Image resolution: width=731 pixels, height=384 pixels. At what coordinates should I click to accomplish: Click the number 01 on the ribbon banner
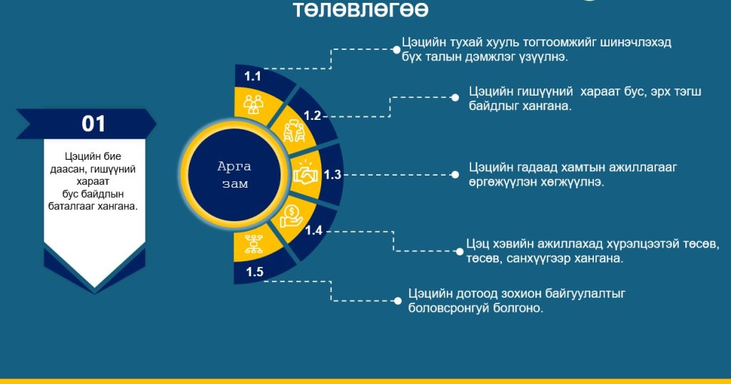94,124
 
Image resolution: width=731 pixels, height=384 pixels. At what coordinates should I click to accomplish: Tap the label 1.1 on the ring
253,76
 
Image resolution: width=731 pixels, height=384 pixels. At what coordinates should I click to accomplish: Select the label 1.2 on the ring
313,116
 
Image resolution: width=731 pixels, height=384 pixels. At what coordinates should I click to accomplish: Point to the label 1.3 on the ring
333,175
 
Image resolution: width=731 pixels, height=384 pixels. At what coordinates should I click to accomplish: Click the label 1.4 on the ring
314,231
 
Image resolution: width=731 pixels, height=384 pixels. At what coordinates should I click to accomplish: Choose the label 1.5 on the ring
255,272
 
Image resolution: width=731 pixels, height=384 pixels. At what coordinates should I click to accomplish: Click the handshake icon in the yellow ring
306,173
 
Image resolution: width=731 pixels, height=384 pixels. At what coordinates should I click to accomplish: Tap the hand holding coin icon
291,217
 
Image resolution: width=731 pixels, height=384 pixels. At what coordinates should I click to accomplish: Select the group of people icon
253,104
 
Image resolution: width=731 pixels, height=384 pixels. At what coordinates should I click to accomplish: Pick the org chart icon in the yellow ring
253,244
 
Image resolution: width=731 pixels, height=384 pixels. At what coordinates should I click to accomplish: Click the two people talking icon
294,131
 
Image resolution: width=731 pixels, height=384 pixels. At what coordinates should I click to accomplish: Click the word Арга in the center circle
234,167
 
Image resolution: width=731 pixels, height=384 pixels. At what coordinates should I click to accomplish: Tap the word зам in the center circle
235,184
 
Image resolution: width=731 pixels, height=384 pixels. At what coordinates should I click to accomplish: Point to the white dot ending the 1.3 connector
455,175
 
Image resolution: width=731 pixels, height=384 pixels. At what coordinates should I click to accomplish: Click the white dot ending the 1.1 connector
397,49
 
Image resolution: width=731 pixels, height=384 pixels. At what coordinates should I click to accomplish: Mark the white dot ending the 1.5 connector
398,301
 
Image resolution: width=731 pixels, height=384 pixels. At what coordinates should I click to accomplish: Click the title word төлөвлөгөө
361,9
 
